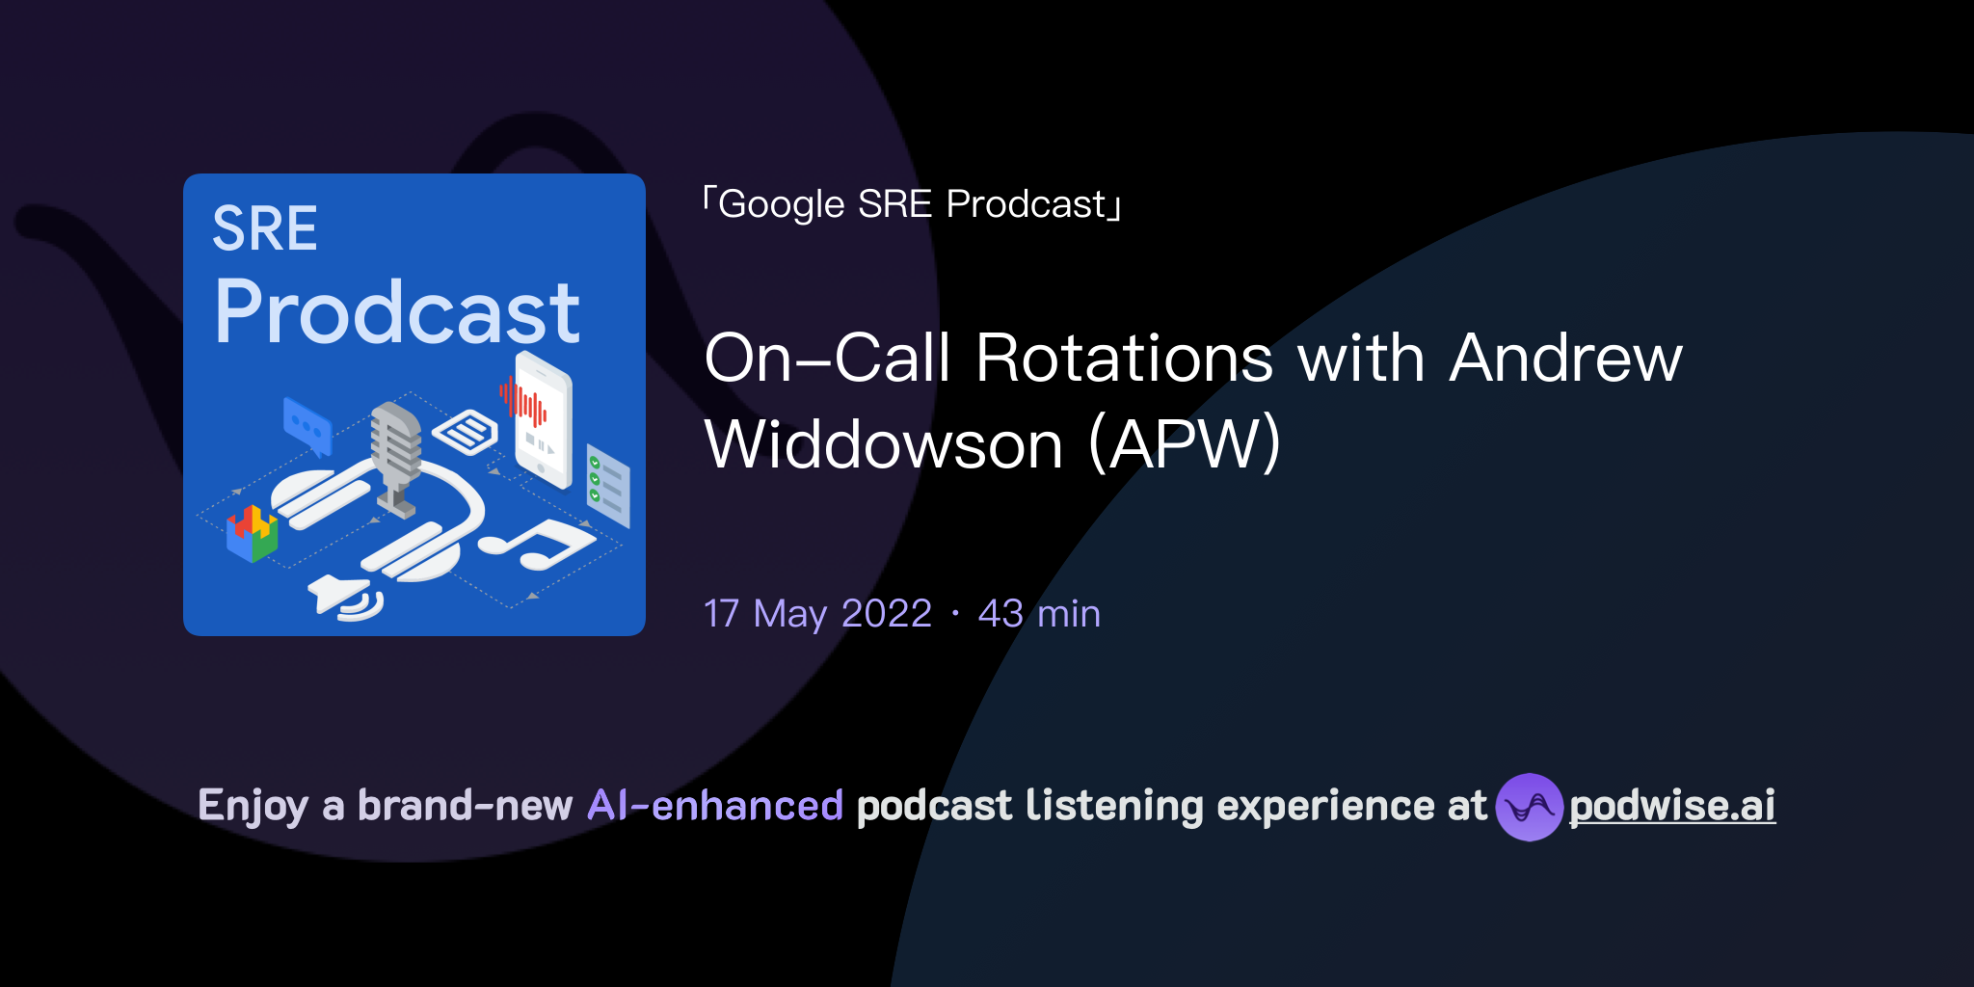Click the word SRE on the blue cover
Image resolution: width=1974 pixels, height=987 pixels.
click(264, 229)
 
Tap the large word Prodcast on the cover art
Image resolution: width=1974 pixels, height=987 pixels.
click(397, 311)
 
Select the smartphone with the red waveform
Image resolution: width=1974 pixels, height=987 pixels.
click(542, 419)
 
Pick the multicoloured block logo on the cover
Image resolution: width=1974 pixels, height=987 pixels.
click(253, 533)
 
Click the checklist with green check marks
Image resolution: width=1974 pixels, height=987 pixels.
click(608, 485)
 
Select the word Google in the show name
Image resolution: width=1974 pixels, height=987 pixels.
click(782, 204)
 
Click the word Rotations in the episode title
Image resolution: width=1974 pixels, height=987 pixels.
click(1124, 359)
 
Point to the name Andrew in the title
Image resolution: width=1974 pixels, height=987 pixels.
click(1565, 359)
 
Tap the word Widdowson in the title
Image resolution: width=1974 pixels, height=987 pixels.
click(884, 445)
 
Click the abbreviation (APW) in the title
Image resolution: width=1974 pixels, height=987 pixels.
click(1185, 445)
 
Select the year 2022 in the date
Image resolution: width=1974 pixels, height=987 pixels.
click(886, 613)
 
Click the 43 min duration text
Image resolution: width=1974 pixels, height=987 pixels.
click(1039, 613)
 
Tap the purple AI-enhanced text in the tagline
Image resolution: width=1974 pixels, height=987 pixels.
click(715, 806)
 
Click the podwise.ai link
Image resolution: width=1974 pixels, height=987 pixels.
click(1672, 806)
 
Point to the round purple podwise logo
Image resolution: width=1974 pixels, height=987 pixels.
click(1529, 807)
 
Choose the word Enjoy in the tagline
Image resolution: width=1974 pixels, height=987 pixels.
click(253, 806)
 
